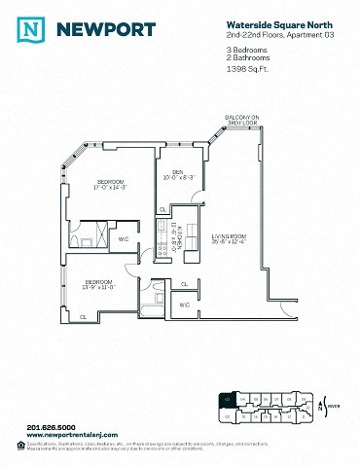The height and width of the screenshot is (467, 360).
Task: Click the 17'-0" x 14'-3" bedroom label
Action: pos(112,185)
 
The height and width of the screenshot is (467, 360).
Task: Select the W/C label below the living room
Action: pos(185,305)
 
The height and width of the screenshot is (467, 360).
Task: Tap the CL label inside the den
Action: pos(162,208)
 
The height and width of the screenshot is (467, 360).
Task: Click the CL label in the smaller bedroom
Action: pos(84,316)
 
